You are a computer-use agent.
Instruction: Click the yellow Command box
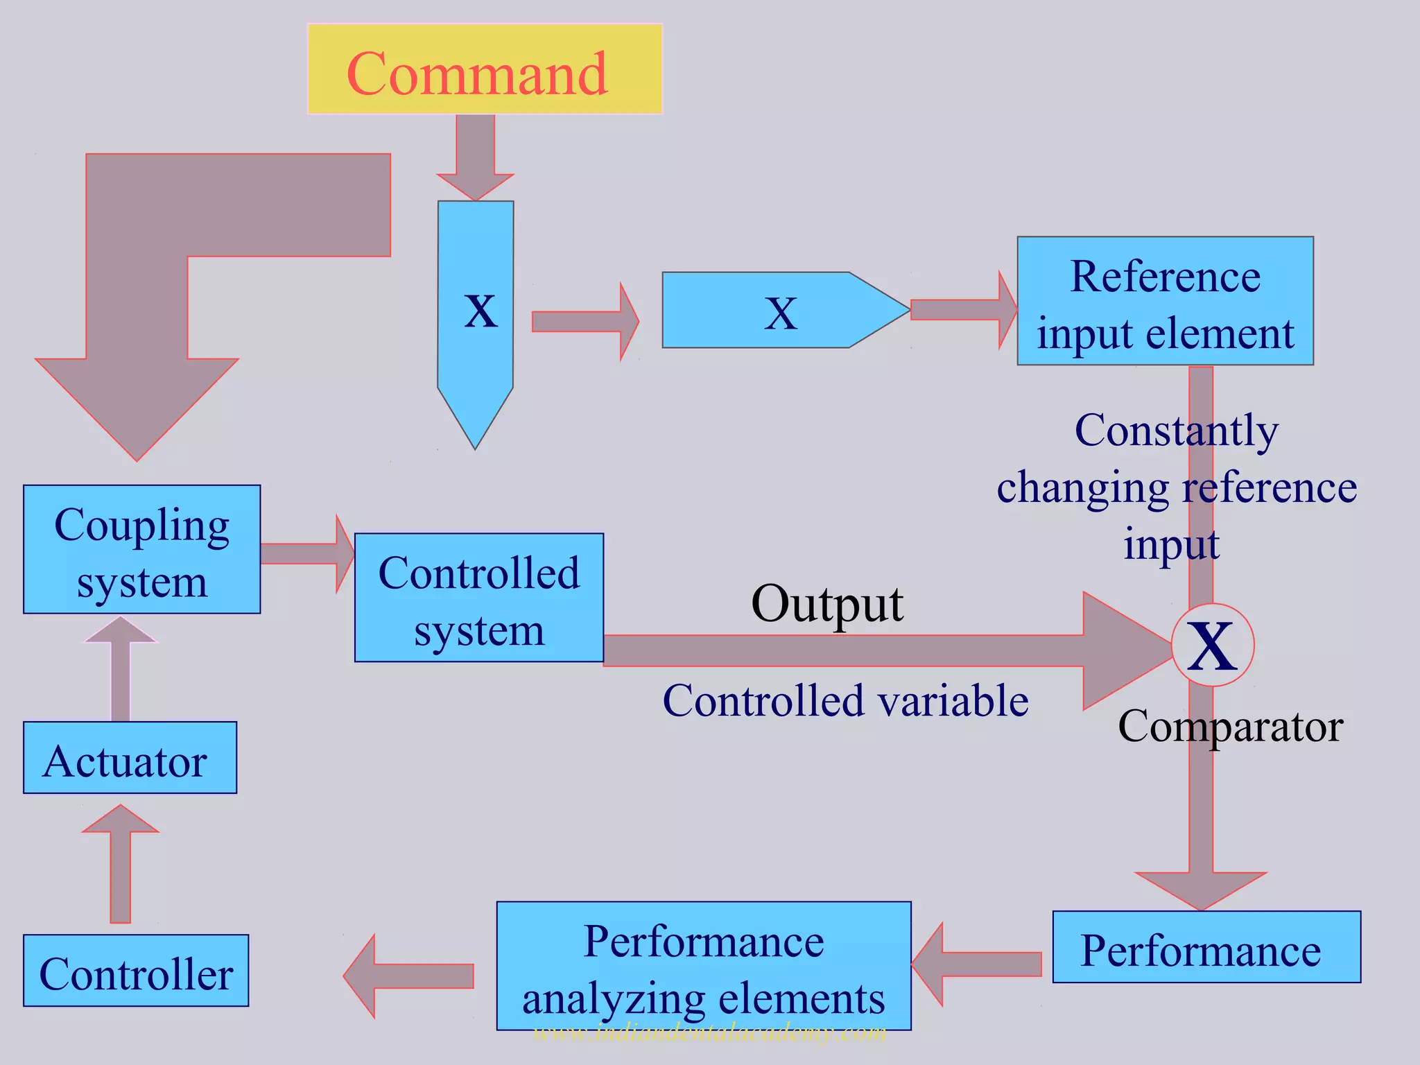485,69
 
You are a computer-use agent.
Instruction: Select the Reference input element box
1165,301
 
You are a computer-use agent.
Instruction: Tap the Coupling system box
141,549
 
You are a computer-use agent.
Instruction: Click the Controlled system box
478,598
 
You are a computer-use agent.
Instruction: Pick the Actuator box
130,758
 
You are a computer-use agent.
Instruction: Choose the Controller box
136,971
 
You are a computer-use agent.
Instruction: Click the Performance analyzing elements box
703,966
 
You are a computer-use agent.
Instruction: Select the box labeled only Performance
1206,947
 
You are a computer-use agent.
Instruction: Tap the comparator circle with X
1213,646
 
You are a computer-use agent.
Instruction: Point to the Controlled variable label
845,700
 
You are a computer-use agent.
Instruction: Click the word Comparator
1231,727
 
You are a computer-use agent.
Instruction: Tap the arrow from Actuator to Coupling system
121,669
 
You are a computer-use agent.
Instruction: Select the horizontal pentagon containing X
783,310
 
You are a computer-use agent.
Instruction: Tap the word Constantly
1177,431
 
